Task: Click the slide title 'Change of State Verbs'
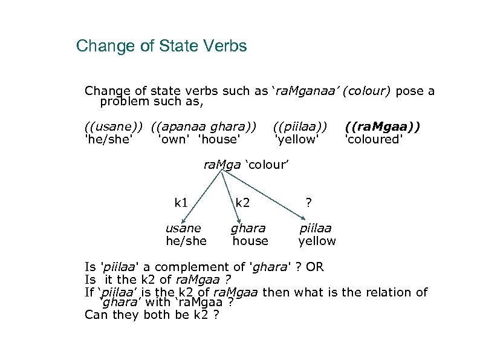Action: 161,46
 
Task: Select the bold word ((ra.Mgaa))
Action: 383,127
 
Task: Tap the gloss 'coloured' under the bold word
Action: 373,140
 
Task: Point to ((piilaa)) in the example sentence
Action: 300,127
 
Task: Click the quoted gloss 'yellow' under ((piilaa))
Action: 296,140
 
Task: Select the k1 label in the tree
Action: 181,203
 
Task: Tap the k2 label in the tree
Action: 242,203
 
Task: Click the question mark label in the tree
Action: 308,203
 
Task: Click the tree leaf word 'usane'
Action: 183,229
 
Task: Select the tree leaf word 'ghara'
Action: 248,229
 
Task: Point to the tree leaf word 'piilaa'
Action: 316,229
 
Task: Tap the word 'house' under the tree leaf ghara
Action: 250,241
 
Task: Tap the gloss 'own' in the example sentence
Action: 172,140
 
